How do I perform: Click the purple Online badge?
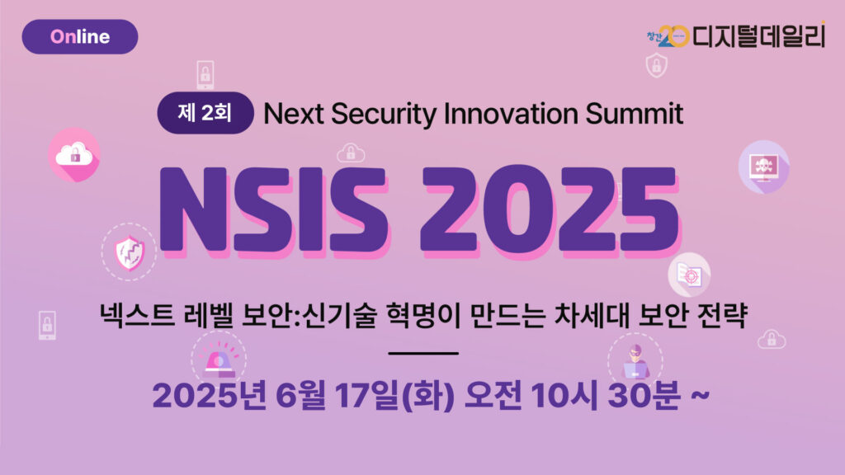(80, 36)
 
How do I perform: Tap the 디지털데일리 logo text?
(758, 36)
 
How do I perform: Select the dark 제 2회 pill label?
(205, 113)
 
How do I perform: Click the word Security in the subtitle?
(384, 114)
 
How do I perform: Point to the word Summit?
(635, 114)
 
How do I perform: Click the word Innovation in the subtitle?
(510, 114)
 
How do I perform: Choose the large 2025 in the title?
(550, 210)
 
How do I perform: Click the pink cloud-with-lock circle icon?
(74, 155)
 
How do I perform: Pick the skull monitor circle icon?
(763, 167)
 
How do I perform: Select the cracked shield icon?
(130, 252)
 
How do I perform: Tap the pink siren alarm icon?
(219, 360)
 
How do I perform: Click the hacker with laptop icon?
(635, 361)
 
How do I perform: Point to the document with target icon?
(689, 275)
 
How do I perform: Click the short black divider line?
(423, 353)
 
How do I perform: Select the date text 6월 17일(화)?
(366, 395)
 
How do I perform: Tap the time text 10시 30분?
(606, 395)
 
